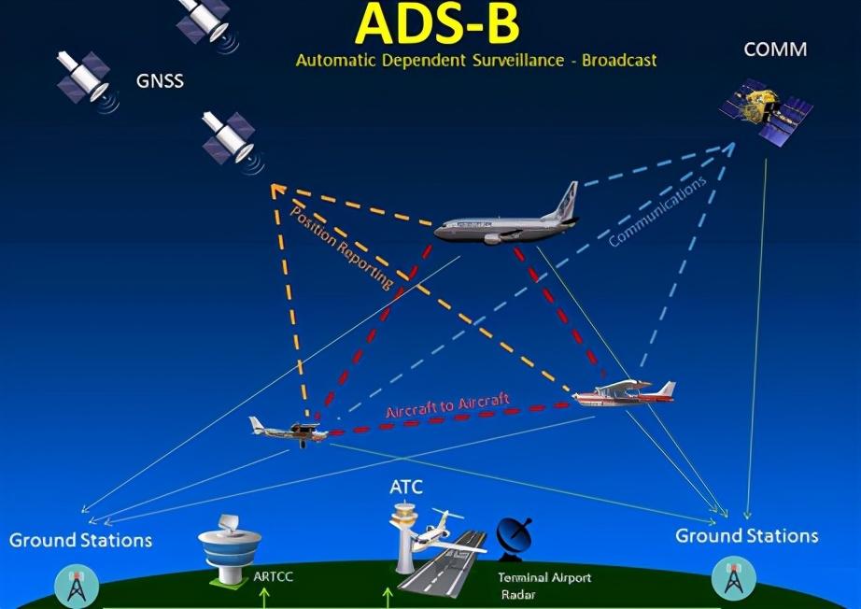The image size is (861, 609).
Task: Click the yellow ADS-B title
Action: pos(437,24)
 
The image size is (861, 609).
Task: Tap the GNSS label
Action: pos(160,81)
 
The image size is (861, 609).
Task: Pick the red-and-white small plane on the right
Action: pos(624,393)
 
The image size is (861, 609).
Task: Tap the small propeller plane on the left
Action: pos(289,431)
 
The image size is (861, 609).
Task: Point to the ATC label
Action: pos(406,487)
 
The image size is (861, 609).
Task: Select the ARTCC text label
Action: pos(273,577)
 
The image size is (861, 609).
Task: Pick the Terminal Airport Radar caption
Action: pos(543,586)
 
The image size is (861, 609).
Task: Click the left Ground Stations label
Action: pos(80,541)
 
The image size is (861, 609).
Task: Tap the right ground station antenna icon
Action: pos(731,580)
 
